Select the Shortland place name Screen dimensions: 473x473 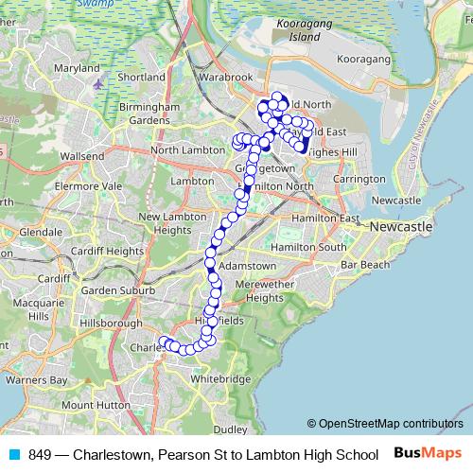point(144,77)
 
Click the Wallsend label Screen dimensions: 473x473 point(81,155)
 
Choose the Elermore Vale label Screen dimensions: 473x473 point(89,187)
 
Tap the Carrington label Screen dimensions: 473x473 point(359,179)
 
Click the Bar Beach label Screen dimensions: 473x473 point(365,264)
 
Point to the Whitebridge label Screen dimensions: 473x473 point(220,377)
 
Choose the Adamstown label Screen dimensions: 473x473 point(247,267)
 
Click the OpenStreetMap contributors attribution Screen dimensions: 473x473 point(384,424)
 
